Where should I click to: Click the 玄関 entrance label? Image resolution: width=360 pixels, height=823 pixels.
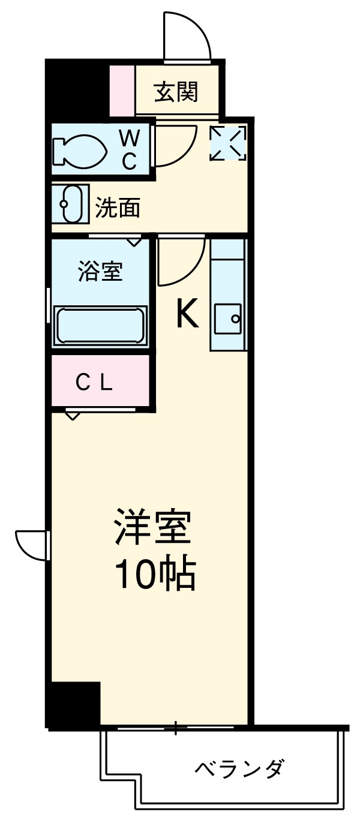pos(176,92)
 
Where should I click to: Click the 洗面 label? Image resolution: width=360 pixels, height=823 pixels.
pos(118,208)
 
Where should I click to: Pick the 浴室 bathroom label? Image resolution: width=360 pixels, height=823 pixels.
pos(100,272)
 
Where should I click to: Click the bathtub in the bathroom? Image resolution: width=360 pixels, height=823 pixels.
pos(100,325)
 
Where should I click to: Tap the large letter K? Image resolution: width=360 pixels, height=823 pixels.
pos(187,314)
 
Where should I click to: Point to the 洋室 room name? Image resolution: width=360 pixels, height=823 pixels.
pos(154,527)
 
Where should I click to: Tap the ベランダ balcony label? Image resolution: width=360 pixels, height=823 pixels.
pos(239,768)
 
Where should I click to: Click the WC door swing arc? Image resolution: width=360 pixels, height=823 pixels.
pos(175,145)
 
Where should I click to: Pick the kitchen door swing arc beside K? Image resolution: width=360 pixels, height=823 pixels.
pos(181,261)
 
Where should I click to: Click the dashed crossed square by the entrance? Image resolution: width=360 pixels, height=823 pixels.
pos(227,143)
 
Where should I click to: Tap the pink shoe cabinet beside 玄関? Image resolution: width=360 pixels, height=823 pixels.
pos(122,90)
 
